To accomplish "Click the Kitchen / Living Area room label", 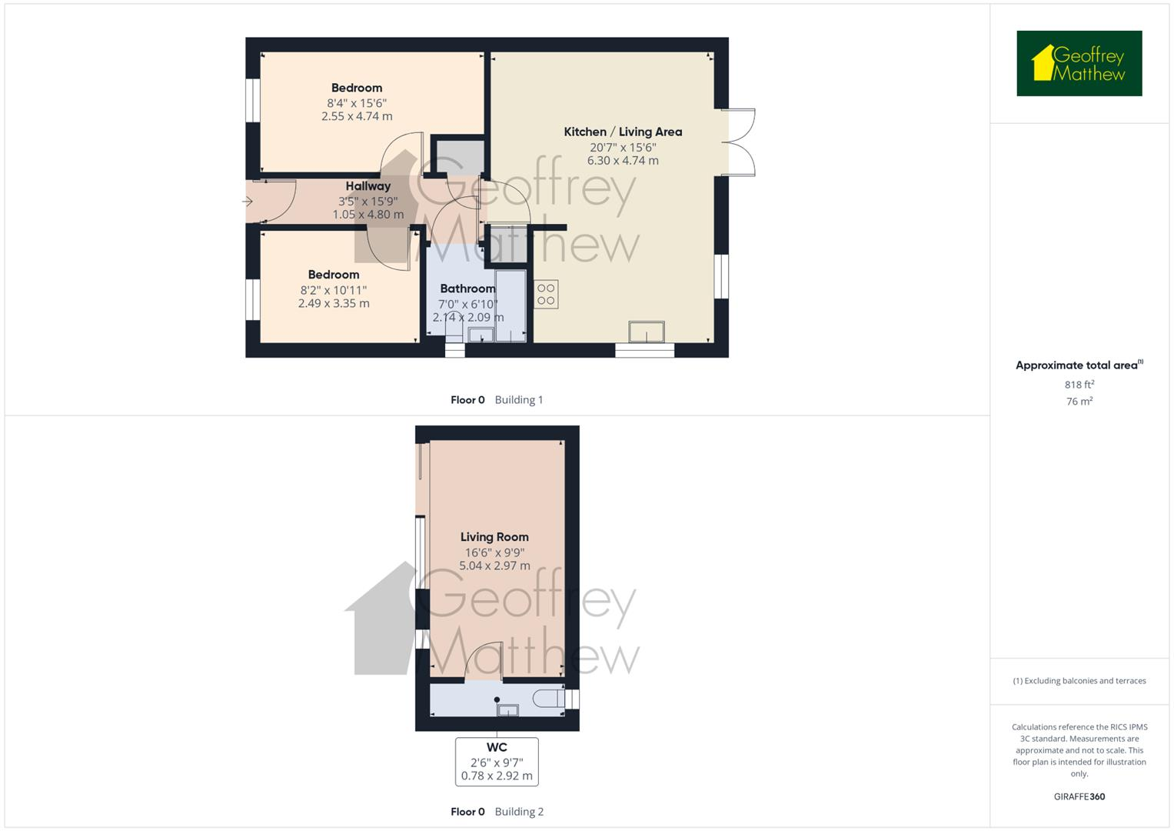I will pyautogui.click(x=623, y=132).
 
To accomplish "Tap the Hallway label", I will pyautogui.click(x=367, y=186).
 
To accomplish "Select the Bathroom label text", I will pyautogui.click(x=467, y=289).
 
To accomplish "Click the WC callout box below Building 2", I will pyautogui.click(x=497, y=761).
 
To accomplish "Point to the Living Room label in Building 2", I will pyautogui.click(x=494, y=537).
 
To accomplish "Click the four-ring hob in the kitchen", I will pyautogui.click(x=546, y=295).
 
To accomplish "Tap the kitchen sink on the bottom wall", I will pyautogui.click(x=646, y=332).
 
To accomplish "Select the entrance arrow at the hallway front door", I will pyautogui.click(x=248, y=202).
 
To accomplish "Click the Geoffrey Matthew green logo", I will pyautogui.click(x=1079, y=63).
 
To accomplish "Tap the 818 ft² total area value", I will pyautogui.click(x=1079, y=385).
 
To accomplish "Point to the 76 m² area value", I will pyautogui.click(x=1079, y=402).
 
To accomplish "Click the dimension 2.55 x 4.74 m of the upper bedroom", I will pyautogui.click(x=357, y=116).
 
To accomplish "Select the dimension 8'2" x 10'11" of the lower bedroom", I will pyautogui.click(x=334, y=290).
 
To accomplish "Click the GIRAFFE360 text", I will pyautogui.click(x=1079, y=796).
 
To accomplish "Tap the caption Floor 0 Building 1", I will pyautogui.click(x=497, y=399).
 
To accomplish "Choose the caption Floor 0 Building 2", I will pyautogui.click(x=497, y=811).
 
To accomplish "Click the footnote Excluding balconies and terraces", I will pyautogui.click(x=1079, y=681).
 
